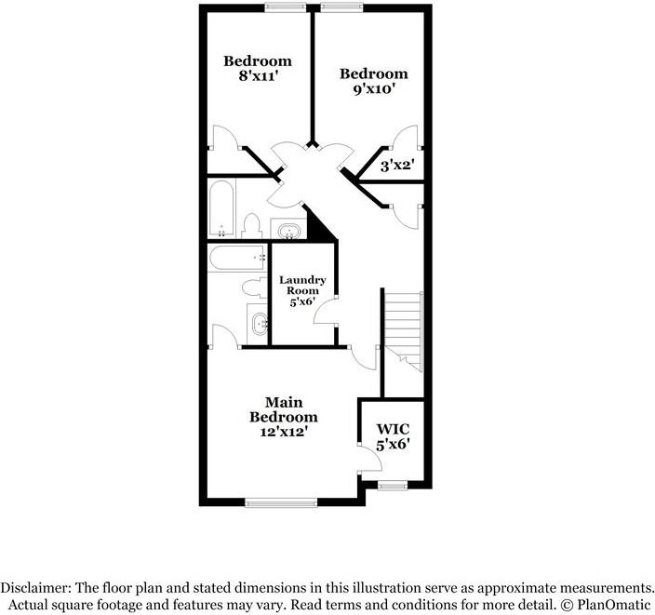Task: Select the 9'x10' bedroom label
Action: point(373,82)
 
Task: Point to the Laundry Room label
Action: point(302,289)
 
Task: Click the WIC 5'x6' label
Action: point(393,436)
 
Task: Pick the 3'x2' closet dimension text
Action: point(398,167)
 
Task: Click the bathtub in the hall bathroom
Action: point(221,208)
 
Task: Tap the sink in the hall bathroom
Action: point(287,228)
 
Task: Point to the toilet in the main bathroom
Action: point(252,288)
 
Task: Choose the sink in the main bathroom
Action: point(258,324)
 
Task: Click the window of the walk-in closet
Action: point(393,483)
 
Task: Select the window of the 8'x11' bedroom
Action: point(285,7)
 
